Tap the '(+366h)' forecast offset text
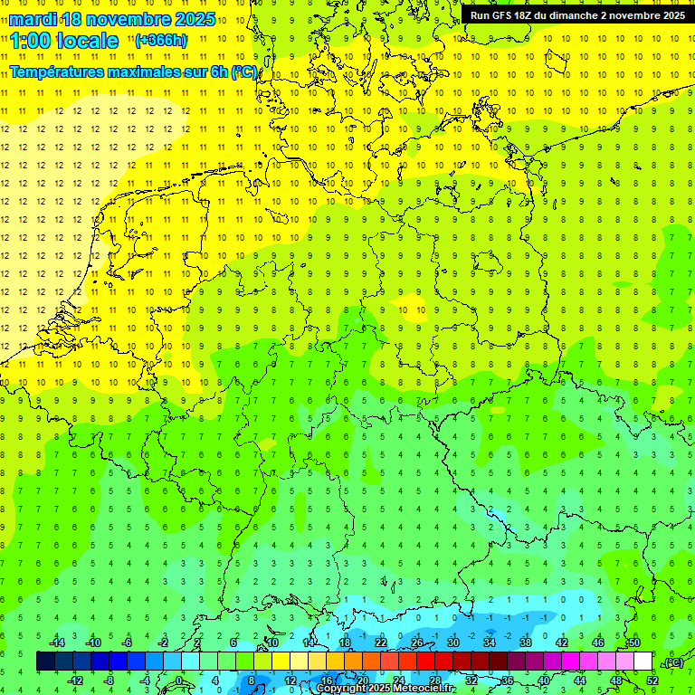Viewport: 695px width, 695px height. (x=161, y=41)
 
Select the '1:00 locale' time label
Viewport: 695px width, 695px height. (x=64, y=41)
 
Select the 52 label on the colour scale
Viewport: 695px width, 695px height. (x=652, y=681)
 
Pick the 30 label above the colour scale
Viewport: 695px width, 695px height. (x=453, y=643)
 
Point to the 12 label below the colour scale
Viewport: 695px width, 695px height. (x=290, y=681)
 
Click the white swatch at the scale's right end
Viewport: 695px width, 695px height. (x=643, y=662)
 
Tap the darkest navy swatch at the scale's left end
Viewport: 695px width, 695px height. (x=45, y=662)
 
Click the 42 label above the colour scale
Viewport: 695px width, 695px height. (x=562, y=643)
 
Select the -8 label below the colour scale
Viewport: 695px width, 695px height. (x=109, y=681)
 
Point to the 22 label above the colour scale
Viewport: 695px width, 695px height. (x=381, y=643)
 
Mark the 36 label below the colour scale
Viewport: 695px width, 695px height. (x=508, y=681)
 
